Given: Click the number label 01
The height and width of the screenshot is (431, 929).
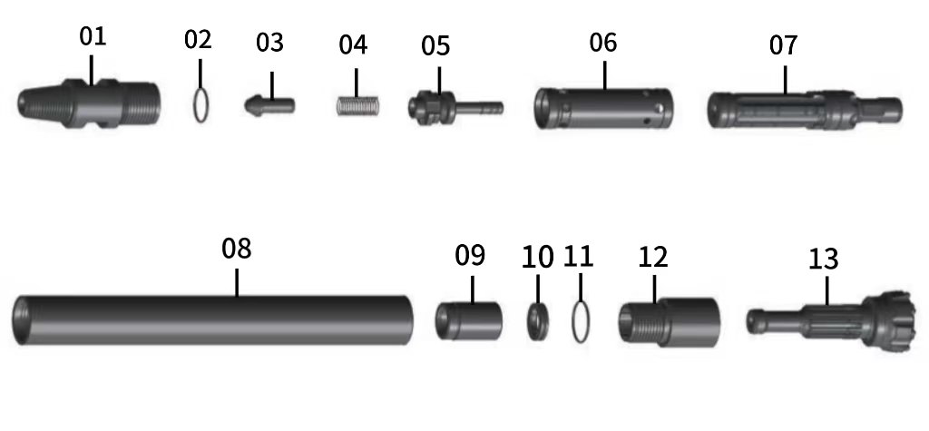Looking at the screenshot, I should [93, 37].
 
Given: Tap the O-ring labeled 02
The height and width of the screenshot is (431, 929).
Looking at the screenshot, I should [203, 103].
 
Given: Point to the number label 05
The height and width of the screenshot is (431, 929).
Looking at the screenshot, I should [435, 45].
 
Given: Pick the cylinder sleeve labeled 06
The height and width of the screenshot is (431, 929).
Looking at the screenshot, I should [604, 108].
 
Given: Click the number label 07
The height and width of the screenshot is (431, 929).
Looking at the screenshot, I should [783, 45].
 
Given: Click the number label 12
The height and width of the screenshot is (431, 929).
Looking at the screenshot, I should [652, 257].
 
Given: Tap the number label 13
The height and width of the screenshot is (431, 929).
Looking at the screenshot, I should [823, 260].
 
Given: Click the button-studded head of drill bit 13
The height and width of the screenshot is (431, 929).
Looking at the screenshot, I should [894, 320].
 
